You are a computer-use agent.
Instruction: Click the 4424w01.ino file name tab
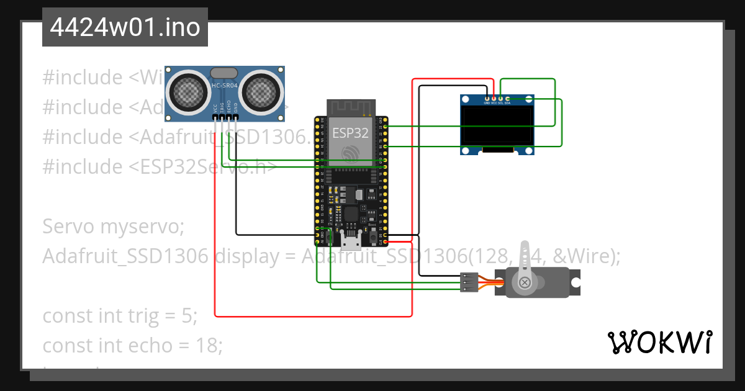point(125,27)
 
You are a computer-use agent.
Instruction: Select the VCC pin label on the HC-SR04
point(215,106)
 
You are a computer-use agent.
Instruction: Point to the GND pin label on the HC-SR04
point(236,106)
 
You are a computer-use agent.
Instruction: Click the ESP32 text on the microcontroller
point(351,132)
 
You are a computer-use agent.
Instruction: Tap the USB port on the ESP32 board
point(351,241)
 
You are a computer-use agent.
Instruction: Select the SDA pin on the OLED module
point(508,99)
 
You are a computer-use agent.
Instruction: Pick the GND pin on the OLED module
point(487,99)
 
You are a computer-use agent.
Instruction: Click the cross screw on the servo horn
point(525,283)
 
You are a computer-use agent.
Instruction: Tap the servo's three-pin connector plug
point(469,282)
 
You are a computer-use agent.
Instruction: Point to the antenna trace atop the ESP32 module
point(351,107)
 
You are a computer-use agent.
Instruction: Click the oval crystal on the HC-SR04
point(224,74)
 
